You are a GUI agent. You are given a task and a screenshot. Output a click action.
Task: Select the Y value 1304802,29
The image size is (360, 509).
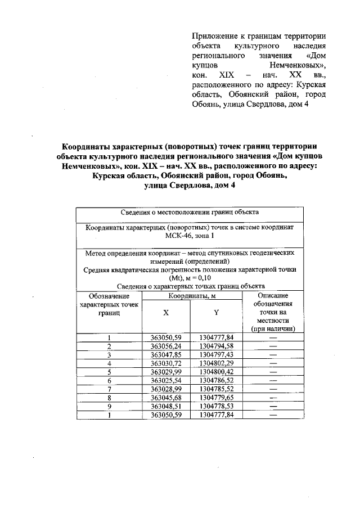[x=216, y=363]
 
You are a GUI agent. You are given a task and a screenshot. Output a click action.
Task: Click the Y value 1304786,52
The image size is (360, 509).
[x=216, y=380]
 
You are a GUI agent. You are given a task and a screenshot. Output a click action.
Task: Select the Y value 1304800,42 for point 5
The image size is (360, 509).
[x=216, y=372]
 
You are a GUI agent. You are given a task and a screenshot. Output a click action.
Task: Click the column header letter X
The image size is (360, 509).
[x=165, y=312]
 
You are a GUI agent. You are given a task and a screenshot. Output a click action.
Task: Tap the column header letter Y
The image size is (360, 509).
[x=216, y=312]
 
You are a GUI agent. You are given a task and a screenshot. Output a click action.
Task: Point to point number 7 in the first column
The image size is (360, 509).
[x=109, y=389]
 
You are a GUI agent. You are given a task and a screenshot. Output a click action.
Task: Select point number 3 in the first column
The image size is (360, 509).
[x=109, y=355]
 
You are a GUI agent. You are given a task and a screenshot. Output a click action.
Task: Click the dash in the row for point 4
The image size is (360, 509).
[x=273, y=363]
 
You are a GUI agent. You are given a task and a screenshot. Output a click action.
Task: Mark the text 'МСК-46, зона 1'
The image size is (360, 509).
[x=190, y=237]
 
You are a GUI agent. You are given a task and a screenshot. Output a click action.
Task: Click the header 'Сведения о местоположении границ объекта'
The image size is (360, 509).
[x=190, y=213]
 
